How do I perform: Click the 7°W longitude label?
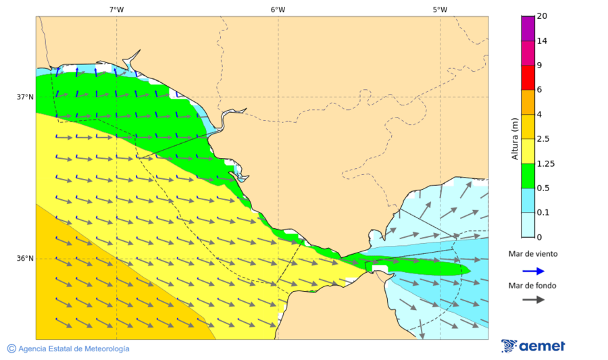click(x=116, y=9)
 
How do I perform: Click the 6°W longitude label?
click(x=278, y=9)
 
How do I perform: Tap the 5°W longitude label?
click(x=440, y=9)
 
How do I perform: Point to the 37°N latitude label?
click(x=25, y=97)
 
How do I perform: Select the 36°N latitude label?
click(x=25, y=258)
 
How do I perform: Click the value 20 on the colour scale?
click(x=541, y=16)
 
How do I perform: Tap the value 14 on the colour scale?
click(x=541, y=41)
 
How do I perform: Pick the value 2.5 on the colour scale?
click(x=542, y=139)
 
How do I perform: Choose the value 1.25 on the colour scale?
click(x=544, y=163)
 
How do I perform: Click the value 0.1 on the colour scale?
click(x=542, y=213)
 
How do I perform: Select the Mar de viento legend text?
click(x=533, y=254)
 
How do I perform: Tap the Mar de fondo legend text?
click(x=533, y=285)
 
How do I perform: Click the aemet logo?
click(x=533, y=346)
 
